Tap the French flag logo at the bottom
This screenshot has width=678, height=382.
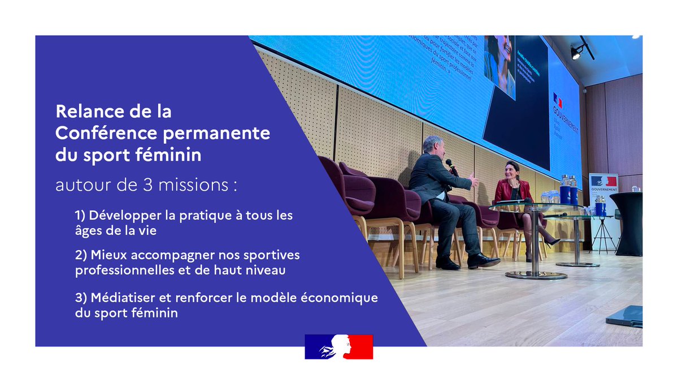click(x=338, y=346)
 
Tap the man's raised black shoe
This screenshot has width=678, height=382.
click(x=483, y=260)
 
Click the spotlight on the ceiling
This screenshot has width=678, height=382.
click(x=576, y=53)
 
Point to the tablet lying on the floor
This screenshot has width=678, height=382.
click(x=625, y=316)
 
